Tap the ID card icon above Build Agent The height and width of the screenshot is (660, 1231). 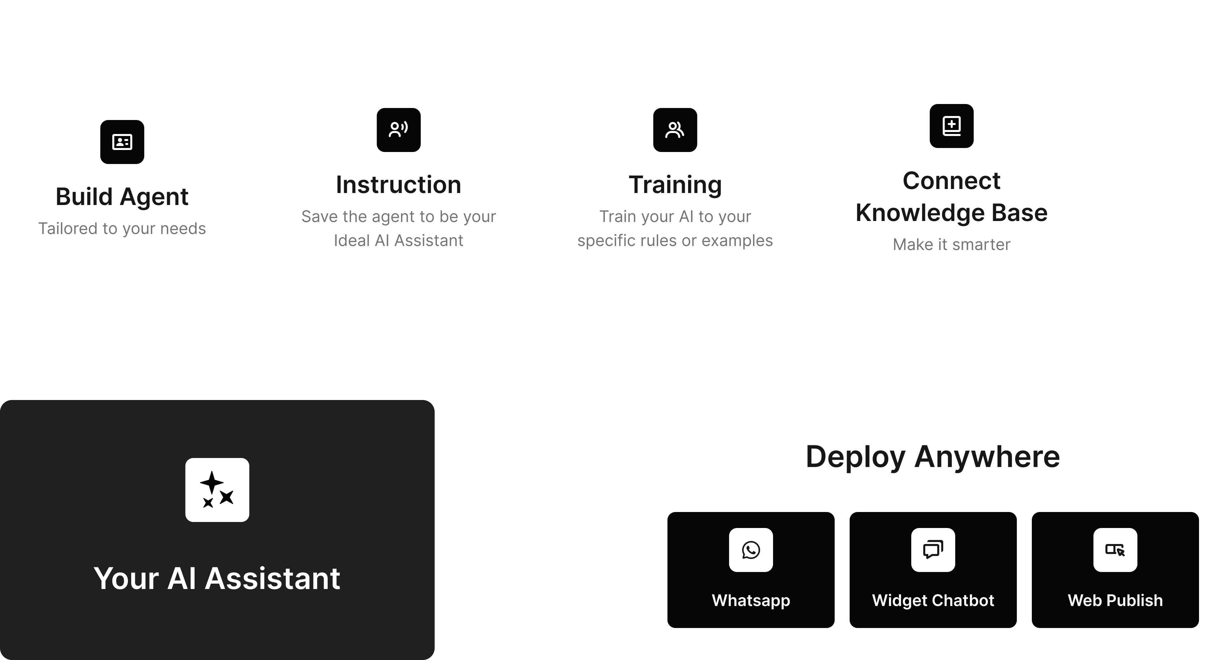[x=122, y=142]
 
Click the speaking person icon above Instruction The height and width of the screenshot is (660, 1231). [x=399, y=130]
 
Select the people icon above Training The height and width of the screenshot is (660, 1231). [x=675, y=130]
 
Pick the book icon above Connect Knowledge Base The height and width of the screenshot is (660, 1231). [x=952, y=126]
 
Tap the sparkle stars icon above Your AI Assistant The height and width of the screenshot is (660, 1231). [x=217, y=490]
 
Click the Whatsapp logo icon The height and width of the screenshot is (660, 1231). [x=751, y=550]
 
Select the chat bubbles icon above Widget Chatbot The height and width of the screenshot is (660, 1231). [x=933, y=550]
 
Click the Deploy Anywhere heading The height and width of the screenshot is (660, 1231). [x=932, y=457]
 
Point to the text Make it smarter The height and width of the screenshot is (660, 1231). [x=952, y=244]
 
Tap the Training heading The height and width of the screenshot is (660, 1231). [x=675, y=185]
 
